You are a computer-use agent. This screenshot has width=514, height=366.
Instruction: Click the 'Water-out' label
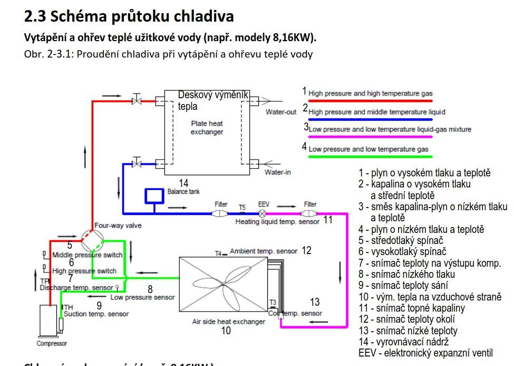click(280, 112)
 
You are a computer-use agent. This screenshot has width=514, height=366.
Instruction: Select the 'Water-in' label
click(278, 172)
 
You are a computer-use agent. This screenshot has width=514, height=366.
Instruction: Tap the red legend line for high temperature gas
click(371, 99)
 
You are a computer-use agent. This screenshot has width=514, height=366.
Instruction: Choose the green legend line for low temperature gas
click(371, 156)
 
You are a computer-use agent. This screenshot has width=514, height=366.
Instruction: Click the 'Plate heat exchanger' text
click(207, 127)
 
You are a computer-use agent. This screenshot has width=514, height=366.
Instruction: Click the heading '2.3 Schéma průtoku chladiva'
click(129, 16)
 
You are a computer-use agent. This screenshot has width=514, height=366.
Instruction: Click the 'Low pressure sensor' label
click(142, 297)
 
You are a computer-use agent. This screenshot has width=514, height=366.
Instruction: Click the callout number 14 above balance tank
click(183, 183)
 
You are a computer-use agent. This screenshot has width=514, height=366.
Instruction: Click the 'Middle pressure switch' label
click(87, 255)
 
